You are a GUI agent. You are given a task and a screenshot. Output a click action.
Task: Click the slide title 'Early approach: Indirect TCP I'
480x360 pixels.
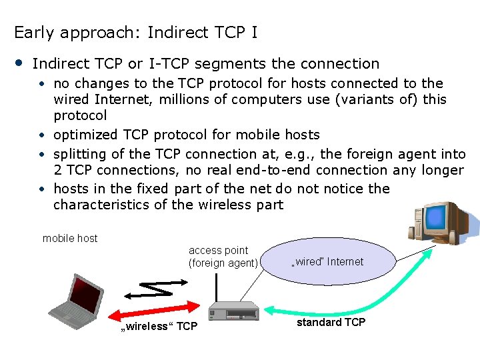click(135, 32)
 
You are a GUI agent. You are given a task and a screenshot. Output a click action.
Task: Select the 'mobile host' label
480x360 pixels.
click(70, 238)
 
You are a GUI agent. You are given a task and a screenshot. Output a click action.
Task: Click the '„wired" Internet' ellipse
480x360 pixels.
click(327, 261)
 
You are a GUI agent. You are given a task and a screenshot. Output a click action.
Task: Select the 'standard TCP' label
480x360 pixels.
click(331, 322)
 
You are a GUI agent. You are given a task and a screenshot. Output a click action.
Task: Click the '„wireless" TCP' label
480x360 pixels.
click(158, 326)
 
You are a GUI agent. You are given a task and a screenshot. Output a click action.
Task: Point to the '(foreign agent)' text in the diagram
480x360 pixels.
click(223, 263)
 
